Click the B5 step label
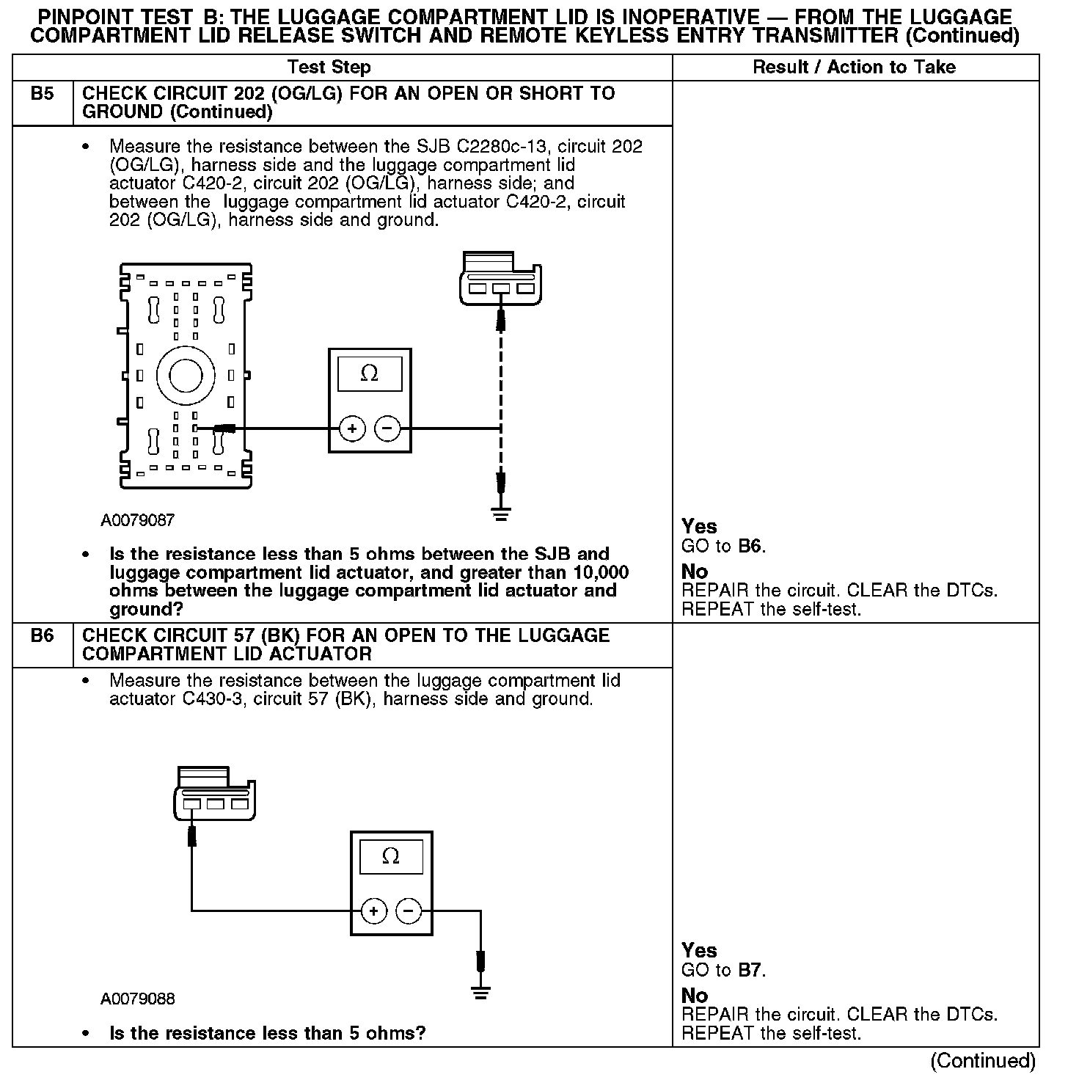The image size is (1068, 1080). [43, 94]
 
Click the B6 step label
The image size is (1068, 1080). [43, 635]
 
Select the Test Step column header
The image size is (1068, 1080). [329, 67]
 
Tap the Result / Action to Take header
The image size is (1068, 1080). [855, 67]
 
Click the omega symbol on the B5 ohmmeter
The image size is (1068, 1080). [370, 373]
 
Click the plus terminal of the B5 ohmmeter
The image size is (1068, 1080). [353, 428]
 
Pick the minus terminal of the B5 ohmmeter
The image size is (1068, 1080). [388, 428]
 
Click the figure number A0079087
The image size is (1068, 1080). [138, 520]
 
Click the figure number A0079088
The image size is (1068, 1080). [138, 999]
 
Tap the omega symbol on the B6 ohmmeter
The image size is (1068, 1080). [391, 856]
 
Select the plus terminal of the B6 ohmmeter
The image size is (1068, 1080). [374, 911]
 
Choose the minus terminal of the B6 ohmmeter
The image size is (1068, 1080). [409, 911]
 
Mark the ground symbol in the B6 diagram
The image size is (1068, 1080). [481, 993]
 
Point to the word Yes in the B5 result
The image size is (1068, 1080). [699, 526]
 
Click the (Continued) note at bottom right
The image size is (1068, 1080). [982, 1061]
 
